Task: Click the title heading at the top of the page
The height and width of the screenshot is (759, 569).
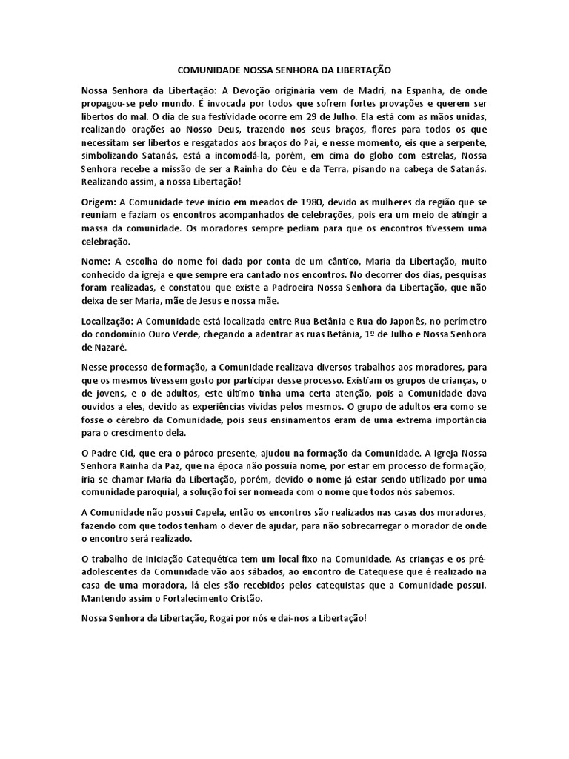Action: [284, 66]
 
